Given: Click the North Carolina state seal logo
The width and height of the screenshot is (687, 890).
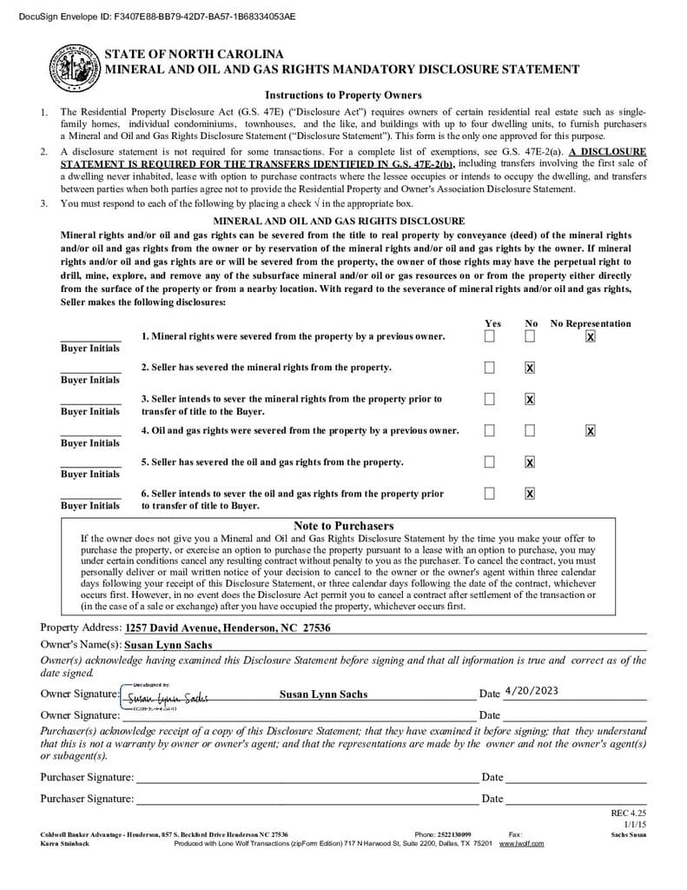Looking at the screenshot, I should pyautogui.click(x=75, y=68).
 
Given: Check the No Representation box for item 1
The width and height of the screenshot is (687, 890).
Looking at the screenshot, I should pyautogui.click(x=591, y=336).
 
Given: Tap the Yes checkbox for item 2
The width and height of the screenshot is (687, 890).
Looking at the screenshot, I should pyautogui.click(x=490, y=368).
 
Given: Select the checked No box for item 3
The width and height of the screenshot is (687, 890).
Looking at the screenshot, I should pyautogui.click(x=530, y=399).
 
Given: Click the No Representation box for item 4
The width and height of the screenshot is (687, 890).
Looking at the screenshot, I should pyautogui.click(x=591, y=430).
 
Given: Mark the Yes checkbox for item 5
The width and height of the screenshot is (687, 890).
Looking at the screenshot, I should pyautogui.click(x=490, y=462).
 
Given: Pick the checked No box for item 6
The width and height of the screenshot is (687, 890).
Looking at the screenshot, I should pyautogui.click(x=530, y=494).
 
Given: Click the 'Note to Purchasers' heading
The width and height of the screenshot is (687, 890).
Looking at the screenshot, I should pyautogui.click(x=343, y=526).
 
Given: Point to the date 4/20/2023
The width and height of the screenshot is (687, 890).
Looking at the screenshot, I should pyautogui.click(x=531, y=691).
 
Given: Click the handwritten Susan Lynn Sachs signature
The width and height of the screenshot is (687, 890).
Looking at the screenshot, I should pyautogui.click(x=167, y=697).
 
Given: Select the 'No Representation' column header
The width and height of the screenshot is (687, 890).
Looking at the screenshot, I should pyautogui.click(x=591, y=323).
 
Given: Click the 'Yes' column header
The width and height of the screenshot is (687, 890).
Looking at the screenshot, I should pyautogui.click(x=492, y=323).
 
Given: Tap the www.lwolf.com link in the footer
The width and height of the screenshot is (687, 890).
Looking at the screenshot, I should pyautogui.click(x=521, y=843).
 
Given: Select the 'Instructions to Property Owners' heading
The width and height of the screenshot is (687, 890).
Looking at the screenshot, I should pyautogui.click(x=343, y=95).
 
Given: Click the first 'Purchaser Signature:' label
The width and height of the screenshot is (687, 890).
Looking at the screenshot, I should pyautogui.click(x=87, y=777).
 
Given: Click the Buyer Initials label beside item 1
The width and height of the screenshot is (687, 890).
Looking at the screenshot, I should pyautogui.click(x=90, y=349).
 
